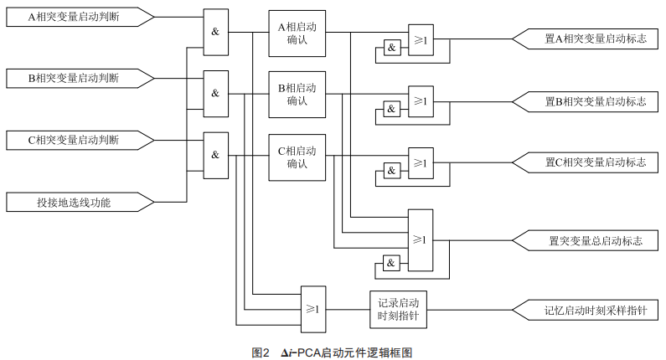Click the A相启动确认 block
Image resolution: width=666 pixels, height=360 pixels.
297,33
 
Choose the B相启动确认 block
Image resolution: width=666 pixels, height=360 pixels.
297,95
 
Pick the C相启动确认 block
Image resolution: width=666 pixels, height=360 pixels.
297,157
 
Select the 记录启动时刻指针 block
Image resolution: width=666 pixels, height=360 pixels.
398,310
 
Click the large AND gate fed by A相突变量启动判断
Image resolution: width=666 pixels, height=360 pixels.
215,32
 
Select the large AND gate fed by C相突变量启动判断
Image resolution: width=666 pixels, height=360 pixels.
215,156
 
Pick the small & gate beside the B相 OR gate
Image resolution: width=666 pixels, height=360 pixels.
391,109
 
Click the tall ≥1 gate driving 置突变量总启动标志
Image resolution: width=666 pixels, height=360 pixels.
421,239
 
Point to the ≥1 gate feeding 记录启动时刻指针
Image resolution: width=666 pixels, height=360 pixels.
313,309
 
